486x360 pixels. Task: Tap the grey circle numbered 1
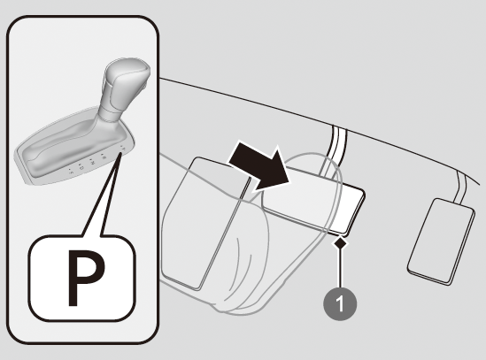(x=340, y=303)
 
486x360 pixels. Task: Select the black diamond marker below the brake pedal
(x=340, y=243)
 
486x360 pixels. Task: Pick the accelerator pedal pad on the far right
(x=441, y=241)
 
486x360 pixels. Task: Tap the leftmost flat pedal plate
(x=204, y=223)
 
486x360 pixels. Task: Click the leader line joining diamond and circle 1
(x=340, y=269)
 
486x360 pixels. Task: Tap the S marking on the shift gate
(x=71, y=172)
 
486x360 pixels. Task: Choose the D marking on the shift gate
(x=81, y=166)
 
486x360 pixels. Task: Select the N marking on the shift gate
(x=92, y=162)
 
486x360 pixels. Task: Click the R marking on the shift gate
(x=104, y=157)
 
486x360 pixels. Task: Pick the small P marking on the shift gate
(x=123, y=148)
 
